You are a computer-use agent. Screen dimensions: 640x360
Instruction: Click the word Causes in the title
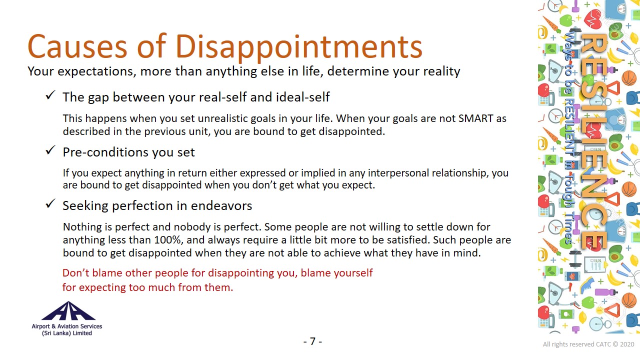[77, 47]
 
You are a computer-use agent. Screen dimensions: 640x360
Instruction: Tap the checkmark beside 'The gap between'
[50, 95]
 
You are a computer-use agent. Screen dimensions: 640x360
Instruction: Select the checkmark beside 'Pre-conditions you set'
[50, 150]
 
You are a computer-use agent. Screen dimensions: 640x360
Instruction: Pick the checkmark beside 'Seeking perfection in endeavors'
[50, 203]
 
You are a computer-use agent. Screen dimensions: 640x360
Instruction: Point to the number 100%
[168, 239]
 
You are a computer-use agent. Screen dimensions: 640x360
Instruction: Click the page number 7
[312, 341]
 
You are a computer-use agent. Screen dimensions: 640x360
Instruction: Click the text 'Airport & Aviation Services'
[67, 326]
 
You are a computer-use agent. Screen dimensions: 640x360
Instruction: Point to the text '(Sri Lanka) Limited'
[67, 333]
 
